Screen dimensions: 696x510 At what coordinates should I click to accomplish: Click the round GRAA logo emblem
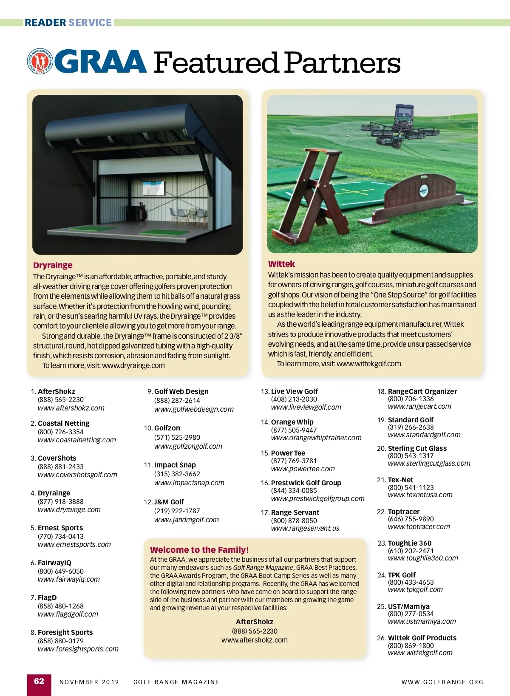tap(40, 61)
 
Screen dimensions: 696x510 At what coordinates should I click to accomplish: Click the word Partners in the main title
tap(342, 63)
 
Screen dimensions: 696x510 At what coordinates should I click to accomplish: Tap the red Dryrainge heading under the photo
tap(53, 265)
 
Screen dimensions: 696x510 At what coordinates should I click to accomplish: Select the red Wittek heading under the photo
tap(281, 264)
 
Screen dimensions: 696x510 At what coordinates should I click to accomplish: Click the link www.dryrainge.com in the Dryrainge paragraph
tap(133, 365)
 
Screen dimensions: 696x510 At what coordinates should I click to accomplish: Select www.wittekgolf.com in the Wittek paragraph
tap(368, 364)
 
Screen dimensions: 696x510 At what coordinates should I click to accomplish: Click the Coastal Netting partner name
tap(63, 423)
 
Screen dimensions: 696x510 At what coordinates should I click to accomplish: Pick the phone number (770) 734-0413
tap(61, 536)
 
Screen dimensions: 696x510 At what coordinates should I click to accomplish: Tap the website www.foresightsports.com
tap(78, 649)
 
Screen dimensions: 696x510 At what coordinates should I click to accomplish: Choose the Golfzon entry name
tap(167, 428)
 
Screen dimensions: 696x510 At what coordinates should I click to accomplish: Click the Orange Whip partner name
tap(292, 422)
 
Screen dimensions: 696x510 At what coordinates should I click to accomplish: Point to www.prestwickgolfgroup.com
tap(317, 498)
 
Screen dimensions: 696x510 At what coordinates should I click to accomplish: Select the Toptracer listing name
tap(403, 512)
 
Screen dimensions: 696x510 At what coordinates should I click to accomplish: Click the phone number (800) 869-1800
tap(411, 645)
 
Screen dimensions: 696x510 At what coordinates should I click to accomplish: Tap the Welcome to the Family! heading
tap(199, 550)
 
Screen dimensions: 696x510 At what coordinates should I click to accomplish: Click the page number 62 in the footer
tap(39, 682)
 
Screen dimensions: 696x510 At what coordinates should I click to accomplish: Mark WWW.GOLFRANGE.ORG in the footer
tap(442, 682)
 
